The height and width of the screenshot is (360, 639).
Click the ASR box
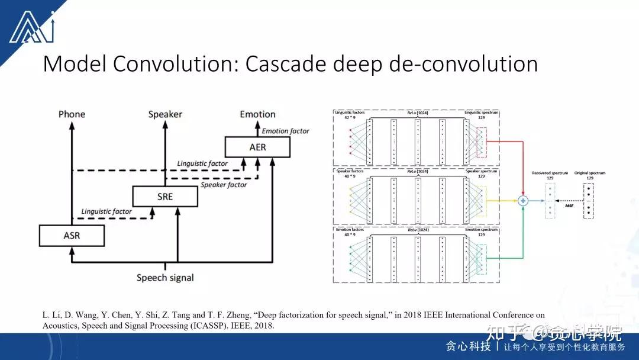[x=72, y=236]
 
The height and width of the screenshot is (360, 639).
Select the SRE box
[x=165, y=196]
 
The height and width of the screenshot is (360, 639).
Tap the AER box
[x=257, y=147]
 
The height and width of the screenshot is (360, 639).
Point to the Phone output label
[x=72, y=114]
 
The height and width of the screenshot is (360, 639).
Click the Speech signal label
[x=165, y=278]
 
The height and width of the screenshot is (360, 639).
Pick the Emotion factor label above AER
[x=285, y=131]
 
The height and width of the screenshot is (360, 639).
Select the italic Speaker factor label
[x=224, y=185]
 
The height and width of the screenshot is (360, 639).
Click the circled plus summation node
[x=523, y=201]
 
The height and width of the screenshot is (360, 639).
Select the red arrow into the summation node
[x=509, y=143]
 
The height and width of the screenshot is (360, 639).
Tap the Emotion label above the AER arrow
[x=257, y=114]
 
